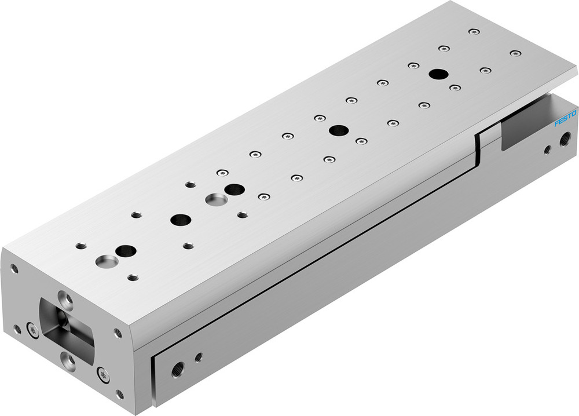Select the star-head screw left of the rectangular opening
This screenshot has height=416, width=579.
32,330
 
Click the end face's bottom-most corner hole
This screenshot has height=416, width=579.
119,395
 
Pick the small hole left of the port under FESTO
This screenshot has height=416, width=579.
547,149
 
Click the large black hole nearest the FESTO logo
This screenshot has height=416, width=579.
438,74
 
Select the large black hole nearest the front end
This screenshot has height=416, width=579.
126,251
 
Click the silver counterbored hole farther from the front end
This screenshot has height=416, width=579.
217,199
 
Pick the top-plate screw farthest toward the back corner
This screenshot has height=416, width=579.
474,31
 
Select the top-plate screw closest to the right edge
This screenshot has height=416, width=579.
515,53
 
